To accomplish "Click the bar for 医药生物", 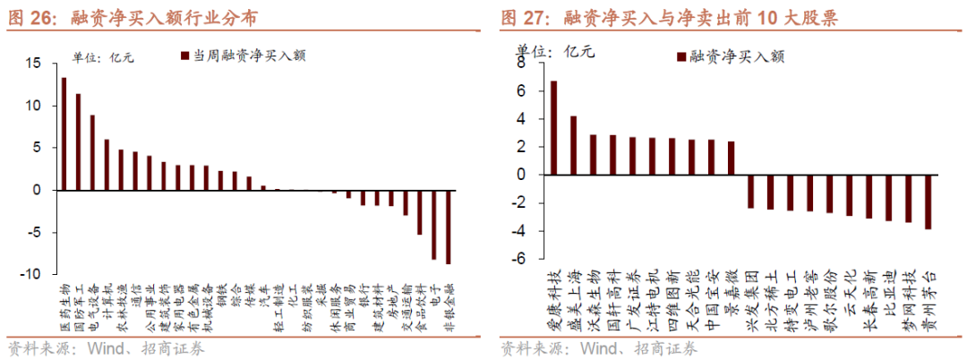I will coord(64,133).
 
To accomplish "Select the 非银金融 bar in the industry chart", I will coord(449,227).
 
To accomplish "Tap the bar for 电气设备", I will coord(92,152).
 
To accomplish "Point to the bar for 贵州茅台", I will coord(928,201).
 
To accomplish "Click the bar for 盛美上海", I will coord(573,145).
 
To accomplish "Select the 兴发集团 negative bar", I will coord(751,192).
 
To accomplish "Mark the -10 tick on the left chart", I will coord(30,275).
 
